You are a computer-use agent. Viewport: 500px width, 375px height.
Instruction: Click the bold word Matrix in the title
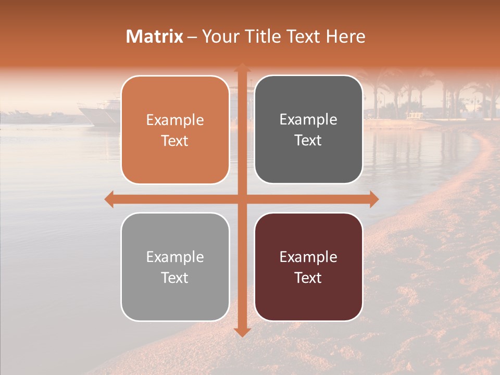pyautogui.click(x=155, y=36)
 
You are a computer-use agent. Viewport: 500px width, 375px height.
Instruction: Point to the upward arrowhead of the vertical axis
pyautogui.click(x=242, y=68)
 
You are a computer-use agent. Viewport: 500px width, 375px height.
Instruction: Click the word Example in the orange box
pyautogui.click(x=175, y=120)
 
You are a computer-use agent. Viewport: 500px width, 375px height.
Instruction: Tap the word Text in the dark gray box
pyautogui.click(x=308, y=141)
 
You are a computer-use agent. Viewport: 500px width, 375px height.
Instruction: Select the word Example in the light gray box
pyautogui.click(x=175, y=257)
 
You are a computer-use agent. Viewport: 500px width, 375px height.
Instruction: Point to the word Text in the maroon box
pyautogui.click(x=308, y=278)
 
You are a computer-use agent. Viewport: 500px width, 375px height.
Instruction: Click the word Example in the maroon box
pyautogui.click(x=308, y=257)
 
